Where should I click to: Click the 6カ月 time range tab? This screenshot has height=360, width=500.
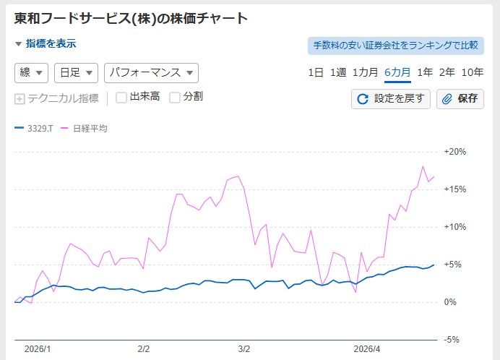click(397, 72)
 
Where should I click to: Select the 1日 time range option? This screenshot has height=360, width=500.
click(316, 72)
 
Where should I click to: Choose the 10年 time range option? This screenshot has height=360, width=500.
click(472, 72)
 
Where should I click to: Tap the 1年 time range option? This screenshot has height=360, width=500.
click(425, 72)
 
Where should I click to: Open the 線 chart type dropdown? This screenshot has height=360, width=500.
click(31, 73)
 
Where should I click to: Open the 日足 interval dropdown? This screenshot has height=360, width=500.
click(76, 73)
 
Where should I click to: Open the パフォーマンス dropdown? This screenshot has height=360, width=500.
click(151, 73)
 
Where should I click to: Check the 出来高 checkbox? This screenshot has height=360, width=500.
click(121, 98)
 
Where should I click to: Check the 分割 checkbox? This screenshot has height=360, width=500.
click(175, 98)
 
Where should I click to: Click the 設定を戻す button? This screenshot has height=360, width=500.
click(391, 98)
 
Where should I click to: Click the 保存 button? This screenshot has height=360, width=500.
click(460, 98)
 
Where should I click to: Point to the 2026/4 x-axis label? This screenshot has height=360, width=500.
click(366, 348)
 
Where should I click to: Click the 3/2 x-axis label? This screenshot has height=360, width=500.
click(243, 348)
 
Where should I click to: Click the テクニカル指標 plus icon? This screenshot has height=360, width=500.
click(20, 98)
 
